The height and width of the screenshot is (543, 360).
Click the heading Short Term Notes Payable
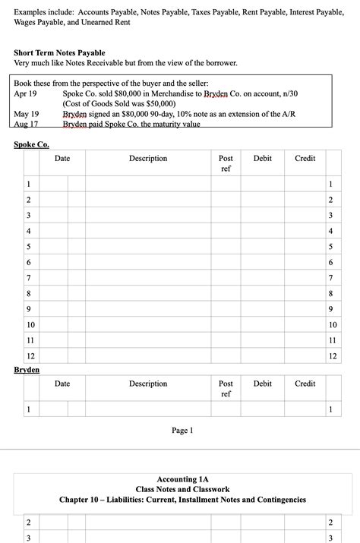click(x=59, y=52)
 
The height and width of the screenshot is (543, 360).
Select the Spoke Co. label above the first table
click(x=32, y=144)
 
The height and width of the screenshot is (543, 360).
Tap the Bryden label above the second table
click(x=27, y=370)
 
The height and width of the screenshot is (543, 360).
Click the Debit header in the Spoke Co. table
click(x=262, y=158)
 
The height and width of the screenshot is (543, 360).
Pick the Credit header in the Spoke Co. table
click(x=305, y=158)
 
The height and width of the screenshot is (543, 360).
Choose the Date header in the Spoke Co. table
click(x=62, y=158)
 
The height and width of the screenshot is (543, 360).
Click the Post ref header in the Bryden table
click(x=226, y=389)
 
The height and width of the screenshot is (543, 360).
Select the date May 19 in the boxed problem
click(x=27, y=114)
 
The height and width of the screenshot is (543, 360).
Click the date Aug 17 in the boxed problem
click(x=26, y=124)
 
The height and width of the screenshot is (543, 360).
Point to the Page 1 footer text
click(x=182, y=431)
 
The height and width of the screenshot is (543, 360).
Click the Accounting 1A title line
click(x=182, y=480)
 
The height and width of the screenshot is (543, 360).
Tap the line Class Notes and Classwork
click(x=182, y=490)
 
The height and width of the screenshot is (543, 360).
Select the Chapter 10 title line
click(x=182, y=500)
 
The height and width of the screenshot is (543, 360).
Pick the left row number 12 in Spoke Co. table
click(x=30, y=356)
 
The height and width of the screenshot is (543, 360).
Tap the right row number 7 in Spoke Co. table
click(x=330, y=277)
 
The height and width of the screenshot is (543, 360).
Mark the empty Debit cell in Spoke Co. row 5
click(x=262, y=246)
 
